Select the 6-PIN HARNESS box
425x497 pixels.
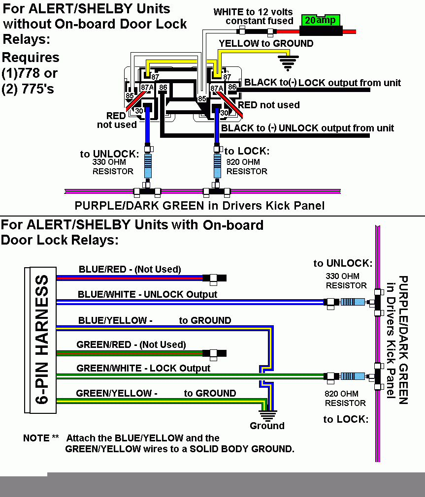[40, 340]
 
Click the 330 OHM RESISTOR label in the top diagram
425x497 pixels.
[113, 166]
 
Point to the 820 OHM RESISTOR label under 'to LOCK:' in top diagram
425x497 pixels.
[247, 166]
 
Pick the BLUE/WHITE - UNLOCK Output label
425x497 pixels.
[147, 295]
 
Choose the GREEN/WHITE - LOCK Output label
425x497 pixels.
[143, 368]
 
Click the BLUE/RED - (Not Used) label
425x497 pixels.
[130, 269]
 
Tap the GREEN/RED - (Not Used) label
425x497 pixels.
[131, 344]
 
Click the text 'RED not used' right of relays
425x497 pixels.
[269, 105]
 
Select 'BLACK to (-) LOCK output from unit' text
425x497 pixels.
[322, 83]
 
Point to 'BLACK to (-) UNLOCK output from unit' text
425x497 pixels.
[307, 128]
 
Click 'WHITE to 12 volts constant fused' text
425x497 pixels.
[253, 16]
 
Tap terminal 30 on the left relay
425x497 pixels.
[139, 112]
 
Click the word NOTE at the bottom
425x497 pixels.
[36, 438]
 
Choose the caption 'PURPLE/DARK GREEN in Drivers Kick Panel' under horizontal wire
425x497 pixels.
[199, 205]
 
